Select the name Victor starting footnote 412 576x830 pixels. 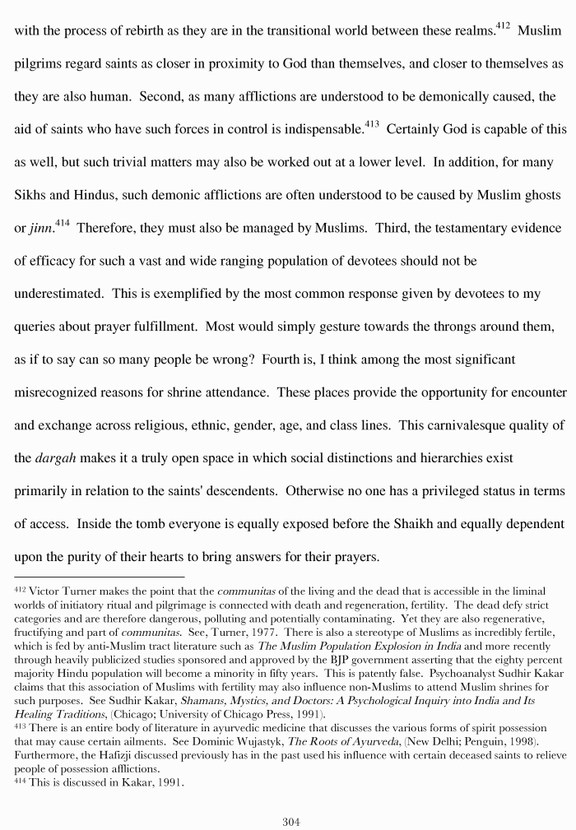(x=44, y=591)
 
